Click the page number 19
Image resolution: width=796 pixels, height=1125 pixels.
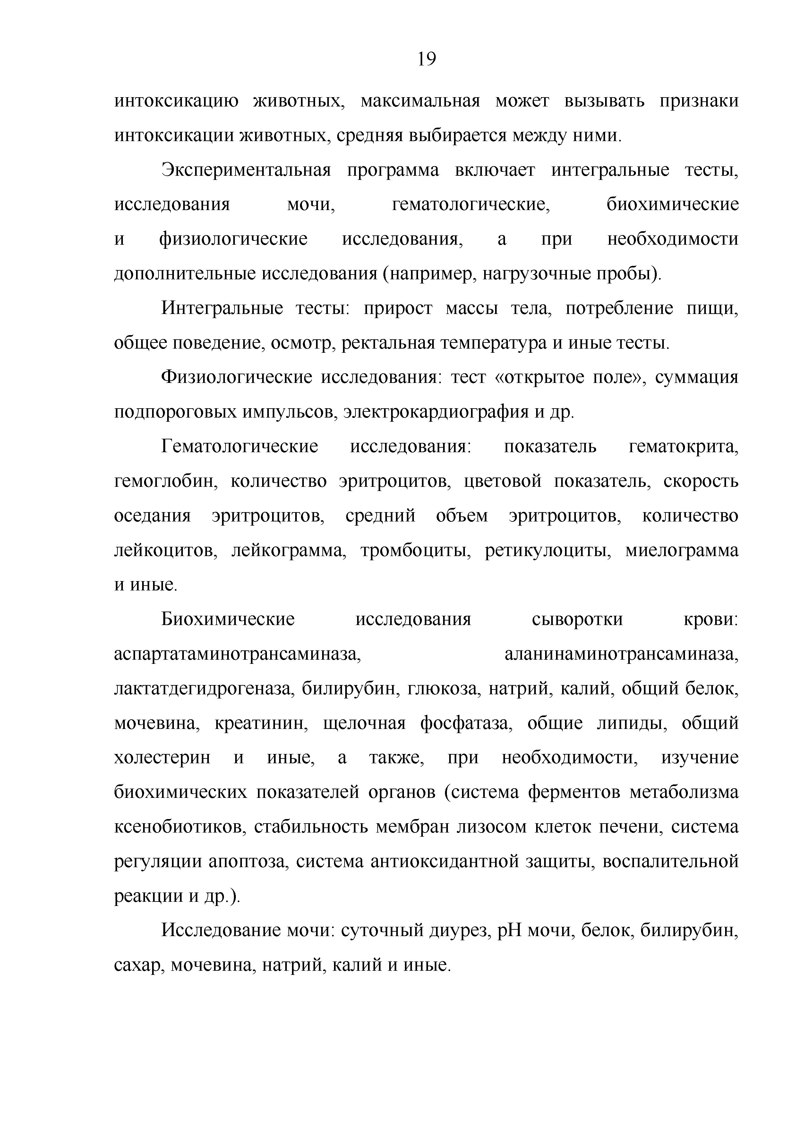click(426, 59)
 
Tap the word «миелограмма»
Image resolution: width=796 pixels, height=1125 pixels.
click(682, 551)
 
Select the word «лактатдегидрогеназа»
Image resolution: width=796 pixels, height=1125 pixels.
click(203, 689)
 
